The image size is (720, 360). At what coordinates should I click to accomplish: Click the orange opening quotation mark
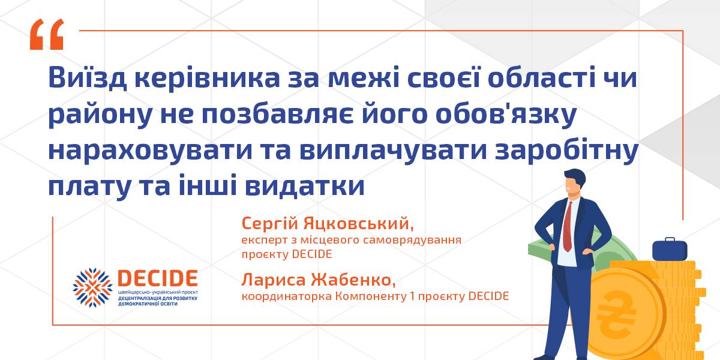[x=47, y=34]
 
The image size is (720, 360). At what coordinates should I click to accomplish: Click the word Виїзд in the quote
[x=88, y=77]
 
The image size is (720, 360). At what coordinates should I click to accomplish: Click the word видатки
[x=305, y=186]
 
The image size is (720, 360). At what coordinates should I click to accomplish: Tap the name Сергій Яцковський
[x=327, y=223]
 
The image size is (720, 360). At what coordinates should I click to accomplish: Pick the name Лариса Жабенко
[x=318, y=280]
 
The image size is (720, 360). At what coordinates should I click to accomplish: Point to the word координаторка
[x=287, y=296]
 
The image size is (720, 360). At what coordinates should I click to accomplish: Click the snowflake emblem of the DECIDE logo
[x=92, y=287]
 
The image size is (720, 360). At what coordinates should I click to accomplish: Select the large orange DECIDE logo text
[x=157, y=278]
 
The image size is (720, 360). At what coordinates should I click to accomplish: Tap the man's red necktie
[x=568, y=226]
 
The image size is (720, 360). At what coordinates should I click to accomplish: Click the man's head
[x=575, y=182]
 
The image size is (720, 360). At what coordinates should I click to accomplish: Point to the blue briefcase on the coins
[x=670, y=250]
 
